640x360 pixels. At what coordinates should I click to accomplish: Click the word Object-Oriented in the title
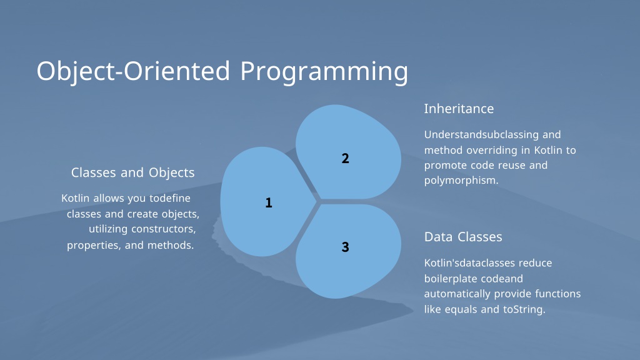pos(134,71)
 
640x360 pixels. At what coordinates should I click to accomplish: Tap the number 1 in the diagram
pos(269,202)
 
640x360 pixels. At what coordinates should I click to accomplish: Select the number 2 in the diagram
pos(345,158)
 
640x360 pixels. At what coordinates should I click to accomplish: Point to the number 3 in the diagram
pos(345,247)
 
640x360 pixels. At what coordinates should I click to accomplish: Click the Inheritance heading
pos(459,109)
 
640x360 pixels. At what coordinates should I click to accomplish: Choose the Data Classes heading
pos(463,237)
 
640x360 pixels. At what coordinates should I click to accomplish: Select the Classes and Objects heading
pos(132,172)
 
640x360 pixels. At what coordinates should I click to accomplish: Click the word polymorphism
pos(461,181)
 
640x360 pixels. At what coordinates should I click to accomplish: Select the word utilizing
pos(108,229)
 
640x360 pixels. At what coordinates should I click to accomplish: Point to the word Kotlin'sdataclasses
pos(464,263)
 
